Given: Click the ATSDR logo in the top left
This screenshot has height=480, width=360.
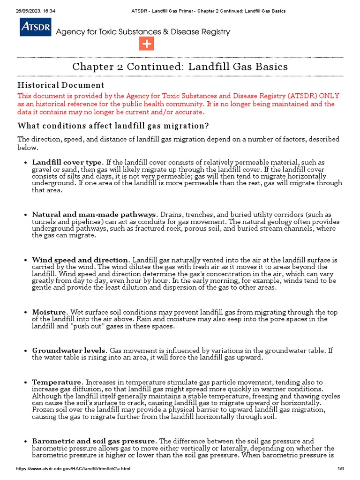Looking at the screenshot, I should coord(36,28).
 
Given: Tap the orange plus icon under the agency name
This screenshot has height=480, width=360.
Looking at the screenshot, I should coord(146,44).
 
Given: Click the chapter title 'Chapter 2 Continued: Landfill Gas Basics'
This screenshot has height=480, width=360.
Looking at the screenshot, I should coord(180,67).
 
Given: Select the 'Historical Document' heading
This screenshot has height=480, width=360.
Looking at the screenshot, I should coord(61,85).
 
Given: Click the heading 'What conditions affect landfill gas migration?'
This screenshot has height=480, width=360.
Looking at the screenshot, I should coord(113,126).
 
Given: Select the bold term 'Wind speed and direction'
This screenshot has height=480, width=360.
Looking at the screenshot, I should coord(80,260).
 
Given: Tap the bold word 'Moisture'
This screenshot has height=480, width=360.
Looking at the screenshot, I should coord(50,312).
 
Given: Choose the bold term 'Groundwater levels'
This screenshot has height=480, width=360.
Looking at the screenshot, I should coord(69,351).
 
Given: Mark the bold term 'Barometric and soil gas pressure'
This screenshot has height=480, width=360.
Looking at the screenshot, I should coord(94,441).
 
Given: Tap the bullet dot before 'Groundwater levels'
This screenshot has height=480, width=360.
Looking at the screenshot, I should coord(24,351).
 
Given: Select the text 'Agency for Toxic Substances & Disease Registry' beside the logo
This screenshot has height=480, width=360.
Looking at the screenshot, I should coord(143,32).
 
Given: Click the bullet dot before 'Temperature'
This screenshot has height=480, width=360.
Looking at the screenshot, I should coord(24,383).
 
